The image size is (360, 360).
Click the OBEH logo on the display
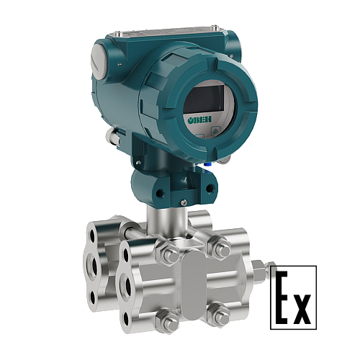(199, 120)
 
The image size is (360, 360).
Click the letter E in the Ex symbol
(282, 297)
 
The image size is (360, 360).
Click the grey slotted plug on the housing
(99, 62)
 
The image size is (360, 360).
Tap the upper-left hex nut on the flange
(167, 253)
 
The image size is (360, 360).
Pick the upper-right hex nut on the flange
(220, 247)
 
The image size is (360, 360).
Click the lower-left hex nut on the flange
(167, 320)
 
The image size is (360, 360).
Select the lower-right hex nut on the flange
(219, 314)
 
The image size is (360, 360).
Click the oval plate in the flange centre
(193, 284)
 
